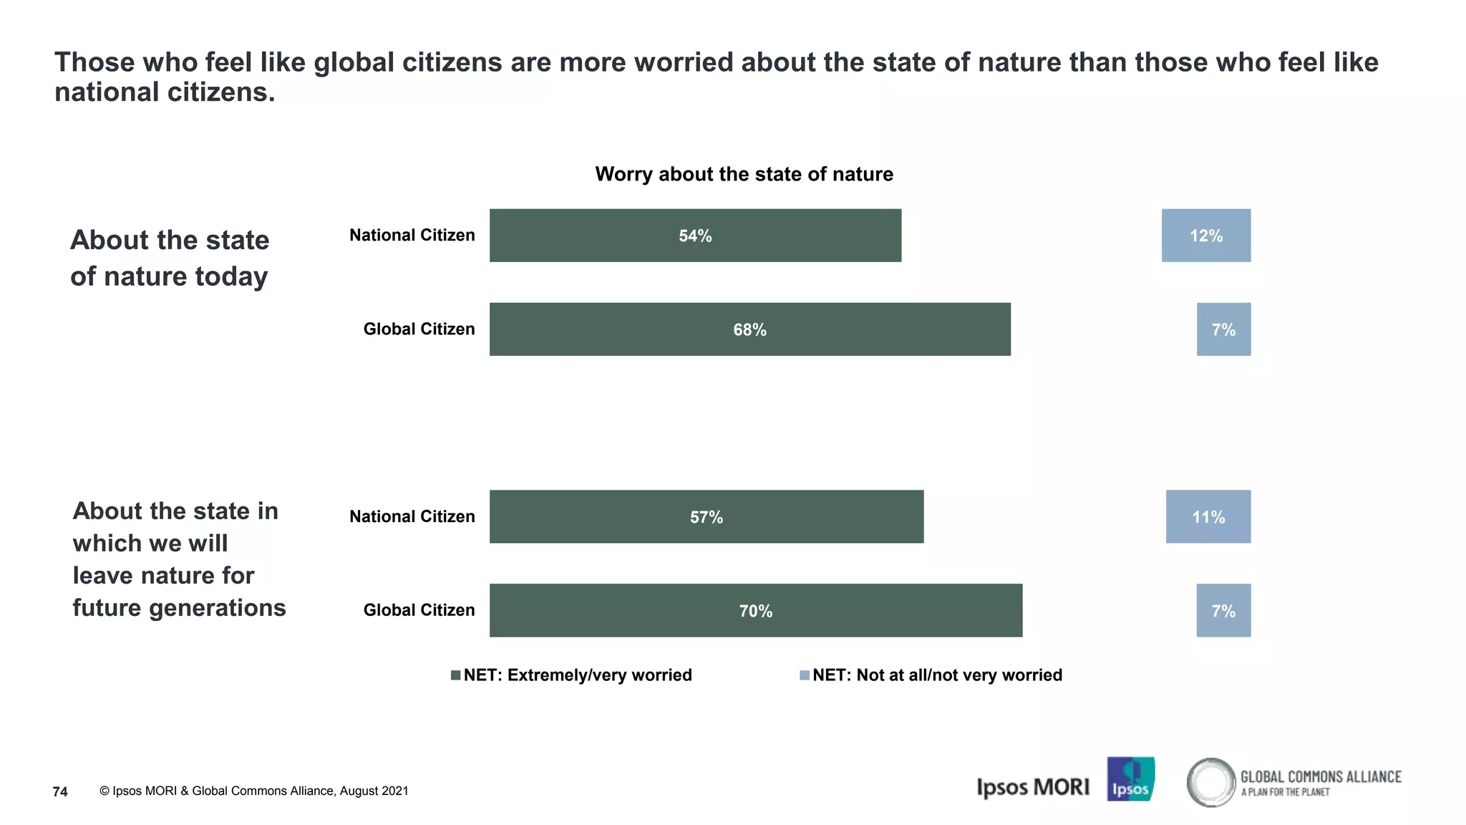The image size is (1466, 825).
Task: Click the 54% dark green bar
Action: click(x=694, y=236)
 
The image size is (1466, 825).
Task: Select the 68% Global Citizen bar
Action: click(x=749, y=329)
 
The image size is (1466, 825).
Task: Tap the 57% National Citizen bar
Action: click(x=706, y=517)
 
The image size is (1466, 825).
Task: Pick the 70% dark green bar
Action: click(x=755, y=611)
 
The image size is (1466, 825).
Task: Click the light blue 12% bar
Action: click(x=1205, y=236)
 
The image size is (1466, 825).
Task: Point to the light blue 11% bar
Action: click(x=1208, y=517)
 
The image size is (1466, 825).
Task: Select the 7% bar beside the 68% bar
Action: click(x=1223, y=329)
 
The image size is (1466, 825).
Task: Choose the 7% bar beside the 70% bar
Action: click(x=1223, y=611)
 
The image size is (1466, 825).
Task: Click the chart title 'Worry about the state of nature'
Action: click(x=744, y=174)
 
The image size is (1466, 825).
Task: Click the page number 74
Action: click(x=60, y=791)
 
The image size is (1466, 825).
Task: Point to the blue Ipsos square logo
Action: click(x=1130, y=779)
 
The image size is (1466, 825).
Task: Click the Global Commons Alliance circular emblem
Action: click(x=1210, y=782)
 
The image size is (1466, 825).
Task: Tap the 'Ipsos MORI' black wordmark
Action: click(x=1032, y=787)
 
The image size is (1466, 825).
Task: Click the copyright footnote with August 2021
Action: click(x=254, y=791)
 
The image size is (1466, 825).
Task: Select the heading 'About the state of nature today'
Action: click(x=170, y=258)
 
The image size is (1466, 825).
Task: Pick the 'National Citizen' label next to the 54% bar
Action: click(x=412, y=236)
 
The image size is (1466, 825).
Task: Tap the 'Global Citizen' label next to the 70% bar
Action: click(x=419, y=610)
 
